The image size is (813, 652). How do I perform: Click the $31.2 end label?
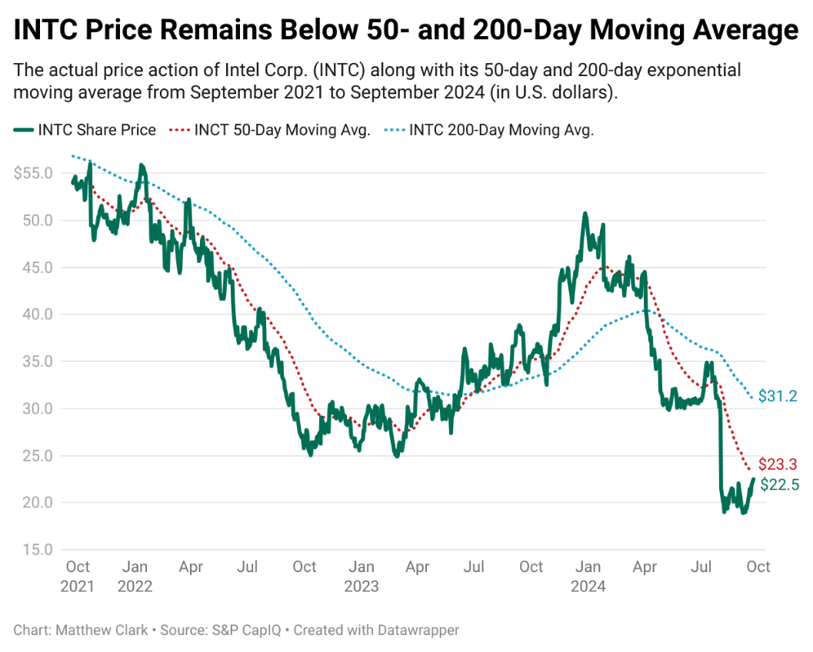pyautogui.click(x=777, y=396)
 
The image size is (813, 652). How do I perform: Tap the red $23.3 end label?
pyautogui.click(x=777, y=464)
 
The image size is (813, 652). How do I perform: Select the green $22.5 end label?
pyautogui.click(x=779, y=484)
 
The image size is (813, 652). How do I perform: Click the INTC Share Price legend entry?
pyautogui.click(x=85, y=130)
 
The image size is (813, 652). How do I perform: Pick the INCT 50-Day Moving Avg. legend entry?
pyautogui.click(x=270, y=130)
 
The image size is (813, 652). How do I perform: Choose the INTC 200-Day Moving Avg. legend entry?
pyautogui.click(x=489, y=130)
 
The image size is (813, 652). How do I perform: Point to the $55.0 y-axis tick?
pyautogui.click(x=33, y=173)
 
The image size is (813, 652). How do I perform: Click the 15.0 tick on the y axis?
pyautogui.click(x=38, y=550)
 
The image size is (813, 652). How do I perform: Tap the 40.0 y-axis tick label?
pyautogui.click(x=38, y=314)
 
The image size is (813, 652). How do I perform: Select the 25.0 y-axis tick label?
pyautogui.click(x=38, y=456)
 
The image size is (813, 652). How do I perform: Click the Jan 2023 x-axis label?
pyautogui.click(x=362, y=577)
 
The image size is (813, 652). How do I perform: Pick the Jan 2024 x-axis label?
pyautogui.click(x=588, y=577)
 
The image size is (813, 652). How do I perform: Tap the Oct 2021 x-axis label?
pyautogui.click(x=77, y=577)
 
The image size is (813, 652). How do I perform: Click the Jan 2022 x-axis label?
pyautogui.click(x=135, y=577)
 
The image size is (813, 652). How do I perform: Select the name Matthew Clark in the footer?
pyautogui.click(x=102, y=630)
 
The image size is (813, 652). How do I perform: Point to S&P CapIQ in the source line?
pyautogui.click(x=246, y=630)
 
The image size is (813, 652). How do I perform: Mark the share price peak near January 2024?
pyautogui.click(x=585, y=213)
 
